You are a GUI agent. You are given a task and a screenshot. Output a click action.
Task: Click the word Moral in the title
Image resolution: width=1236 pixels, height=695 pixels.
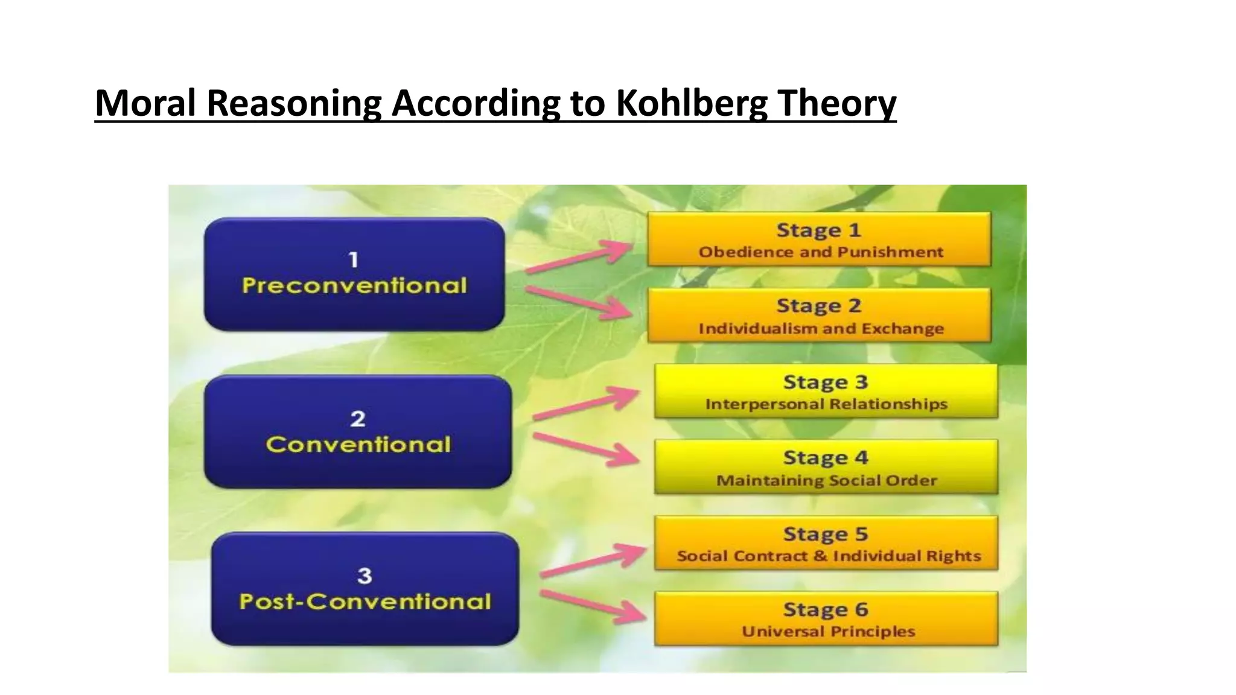pyautogui.click(x=146, y=103)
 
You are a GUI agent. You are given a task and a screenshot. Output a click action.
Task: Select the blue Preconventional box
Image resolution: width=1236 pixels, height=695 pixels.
pyautogui.click(x=354, y=275)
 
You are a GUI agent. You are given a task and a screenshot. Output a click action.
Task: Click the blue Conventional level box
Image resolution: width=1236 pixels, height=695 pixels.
pyautogui.click(x=358, y=432)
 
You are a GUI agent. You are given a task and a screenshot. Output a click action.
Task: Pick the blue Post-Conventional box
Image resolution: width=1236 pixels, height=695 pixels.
pyautogui.click(x=365, y=589)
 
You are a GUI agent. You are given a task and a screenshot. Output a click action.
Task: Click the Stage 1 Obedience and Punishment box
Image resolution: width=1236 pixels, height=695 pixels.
pyautogui.click(x=819, y=240)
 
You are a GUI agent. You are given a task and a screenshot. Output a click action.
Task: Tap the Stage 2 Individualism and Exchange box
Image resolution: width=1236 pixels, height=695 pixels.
pyautogui.click(x=819, y=316)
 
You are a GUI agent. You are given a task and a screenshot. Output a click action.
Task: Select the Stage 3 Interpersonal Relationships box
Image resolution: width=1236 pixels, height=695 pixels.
pyautogui.click(x=826, y=392)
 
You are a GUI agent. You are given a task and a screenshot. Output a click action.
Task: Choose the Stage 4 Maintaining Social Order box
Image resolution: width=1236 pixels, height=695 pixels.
pyautogui.click(x=826, y=468)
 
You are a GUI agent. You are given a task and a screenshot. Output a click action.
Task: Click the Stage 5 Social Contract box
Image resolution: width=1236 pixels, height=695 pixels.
pyautogui.click(x=826, y=544)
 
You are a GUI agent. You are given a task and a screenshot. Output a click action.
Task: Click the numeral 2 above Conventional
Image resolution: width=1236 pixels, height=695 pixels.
pyautogui.click(x=358, y=419)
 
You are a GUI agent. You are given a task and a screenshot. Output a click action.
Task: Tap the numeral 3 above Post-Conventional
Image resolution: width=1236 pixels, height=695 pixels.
pyautogui.click(x=365, y=576)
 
